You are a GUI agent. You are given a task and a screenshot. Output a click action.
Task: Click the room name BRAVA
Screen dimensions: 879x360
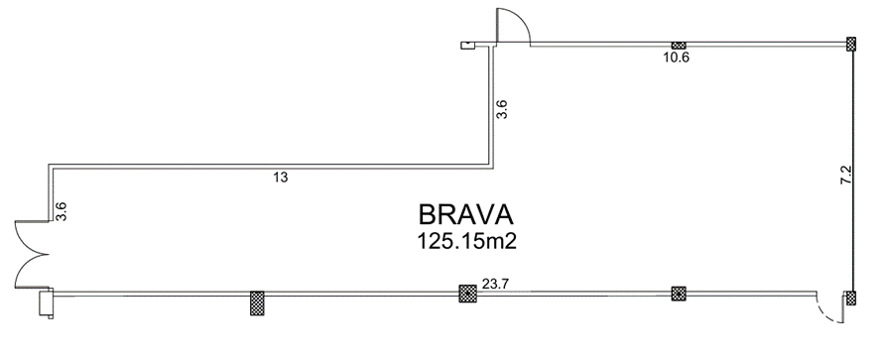pos(466,215)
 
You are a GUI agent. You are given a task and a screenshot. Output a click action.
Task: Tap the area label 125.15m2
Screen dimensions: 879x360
pos(466,242)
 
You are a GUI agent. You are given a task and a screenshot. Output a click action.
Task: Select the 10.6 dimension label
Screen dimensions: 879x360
pos(676,58)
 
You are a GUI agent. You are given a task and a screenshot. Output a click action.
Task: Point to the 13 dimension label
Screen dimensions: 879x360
pos(281,178)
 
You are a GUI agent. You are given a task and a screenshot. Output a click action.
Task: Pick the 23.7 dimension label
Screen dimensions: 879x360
pos(494,284)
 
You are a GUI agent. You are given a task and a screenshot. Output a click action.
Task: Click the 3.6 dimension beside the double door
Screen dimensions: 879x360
pos(62,211)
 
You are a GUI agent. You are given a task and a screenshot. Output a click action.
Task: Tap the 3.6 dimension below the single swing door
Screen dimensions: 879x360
pos(502,109)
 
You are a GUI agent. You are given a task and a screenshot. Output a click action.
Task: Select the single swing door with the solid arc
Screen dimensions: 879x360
pos(513,26)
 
